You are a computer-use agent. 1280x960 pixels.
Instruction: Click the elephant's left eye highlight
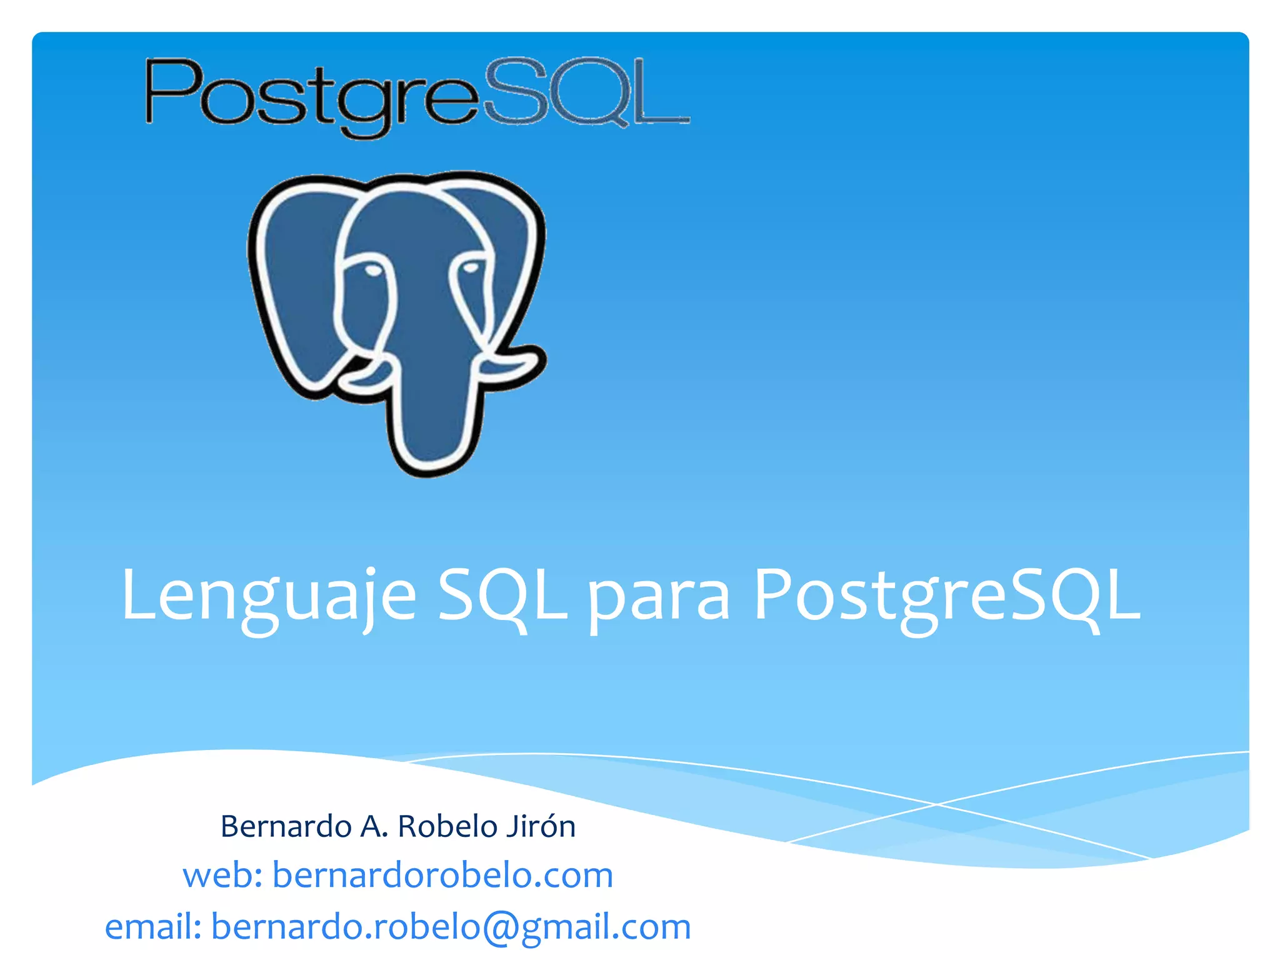tap(372, 271)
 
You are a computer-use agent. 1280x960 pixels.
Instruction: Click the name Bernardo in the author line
tap(286, 826)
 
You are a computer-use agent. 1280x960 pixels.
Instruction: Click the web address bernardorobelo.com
tap(442, 875)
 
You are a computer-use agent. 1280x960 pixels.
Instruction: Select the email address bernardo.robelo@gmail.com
tap(451, 926)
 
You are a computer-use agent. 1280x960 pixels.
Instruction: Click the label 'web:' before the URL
tap(222, 875)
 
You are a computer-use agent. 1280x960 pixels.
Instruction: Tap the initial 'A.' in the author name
tap(374, 826)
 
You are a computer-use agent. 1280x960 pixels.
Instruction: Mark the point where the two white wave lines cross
tap(936, 804)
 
